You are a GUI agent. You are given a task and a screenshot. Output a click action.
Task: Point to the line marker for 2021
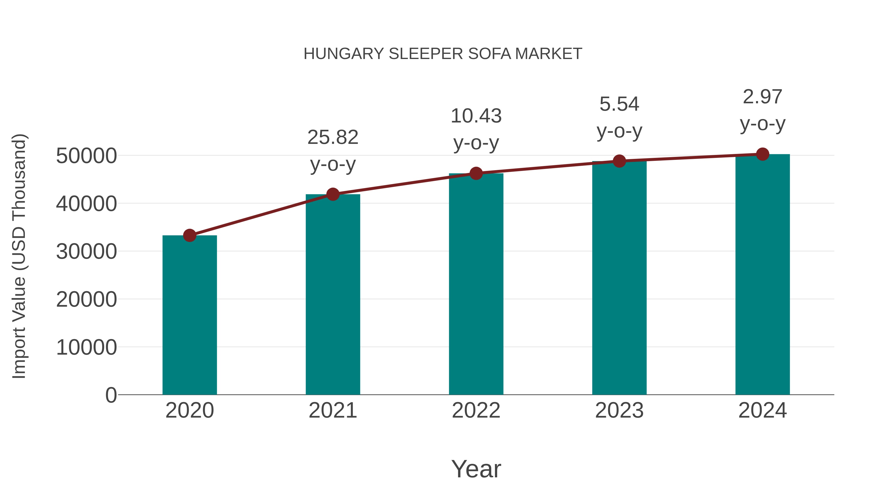(332, 194)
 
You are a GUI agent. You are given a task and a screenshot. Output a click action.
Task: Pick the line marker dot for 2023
(619, 161)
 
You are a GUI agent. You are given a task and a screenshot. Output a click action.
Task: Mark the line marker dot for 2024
(762, 154)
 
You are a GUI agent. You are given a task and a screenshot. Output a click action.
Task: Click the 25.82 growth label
(332, 137)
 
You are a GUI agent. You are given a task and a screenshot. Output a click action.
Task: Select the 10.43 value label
(476, 116)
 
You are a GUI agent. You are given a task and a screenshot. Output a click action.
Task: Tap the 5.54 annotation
(619, 104)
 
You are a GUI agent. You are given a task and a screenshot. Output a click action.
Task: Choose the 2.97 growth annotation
(762, 97)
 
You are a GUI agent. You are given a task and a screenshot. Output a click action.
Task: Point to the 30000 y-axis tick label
(86, 252)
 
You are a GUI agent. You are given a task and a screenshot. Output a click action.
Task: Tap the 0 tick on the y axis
(111, 395)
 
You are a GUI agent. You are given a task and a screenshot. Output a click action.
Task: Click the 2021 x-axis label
(332, 410)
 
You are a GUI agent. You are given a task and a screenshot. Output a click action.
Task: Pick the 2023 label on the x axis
(619, 410)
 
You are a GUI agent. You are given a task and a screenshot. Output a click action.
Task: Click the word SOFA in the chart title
(490, 54)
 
